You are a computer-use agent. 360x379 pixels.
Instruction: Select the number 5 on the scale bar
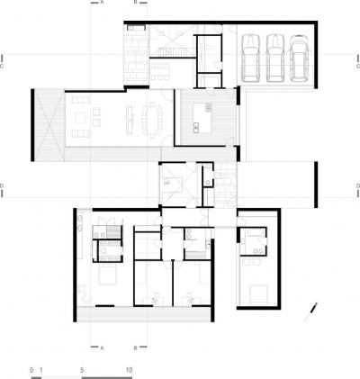(x=82, y=370)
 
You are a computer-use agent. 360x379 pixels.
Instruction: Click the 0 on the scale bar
(x=31, y=370)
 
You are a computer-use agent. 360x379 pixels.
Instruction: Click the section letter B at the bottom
(x=135, y=346)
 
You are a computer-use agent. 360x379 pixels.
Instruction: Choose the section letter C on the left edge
(x=4, y=66)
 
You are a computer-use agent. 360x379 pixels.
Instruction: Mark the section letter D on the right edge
(x=356, y=187)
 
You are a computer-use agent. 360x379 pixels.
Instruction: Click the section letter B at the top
(x=135, y=4)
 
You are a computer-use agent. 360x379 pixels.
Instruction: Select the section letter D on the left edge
(x=4, y=187)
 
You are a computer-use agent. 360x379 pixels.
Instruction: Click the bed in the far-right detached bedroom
(x=258, y=293)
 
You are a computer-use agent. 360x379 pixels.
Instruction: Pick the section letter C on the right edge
(x=356, y=66)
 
